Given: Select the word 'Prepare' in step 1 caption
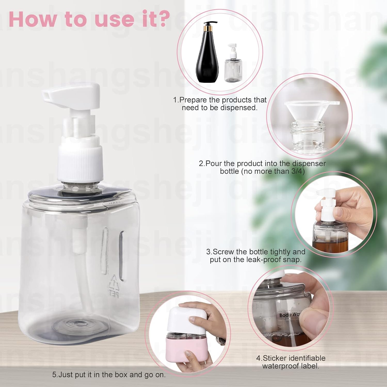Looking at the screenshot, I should (193, 100).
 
